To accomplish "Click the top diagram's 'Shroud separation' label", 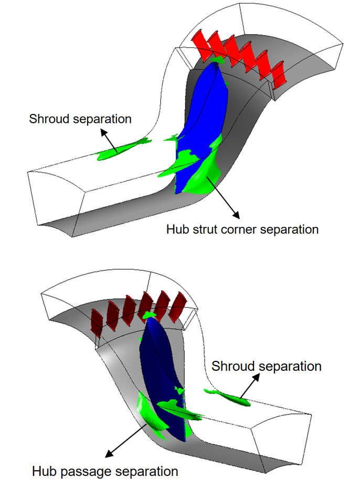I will (80, 119).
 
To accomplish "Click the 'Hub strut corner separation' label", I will (242, 230).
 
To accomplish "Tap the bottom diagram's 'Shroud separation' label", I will (266, 366).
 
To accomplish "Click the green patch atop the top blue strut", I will (217, 62).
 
